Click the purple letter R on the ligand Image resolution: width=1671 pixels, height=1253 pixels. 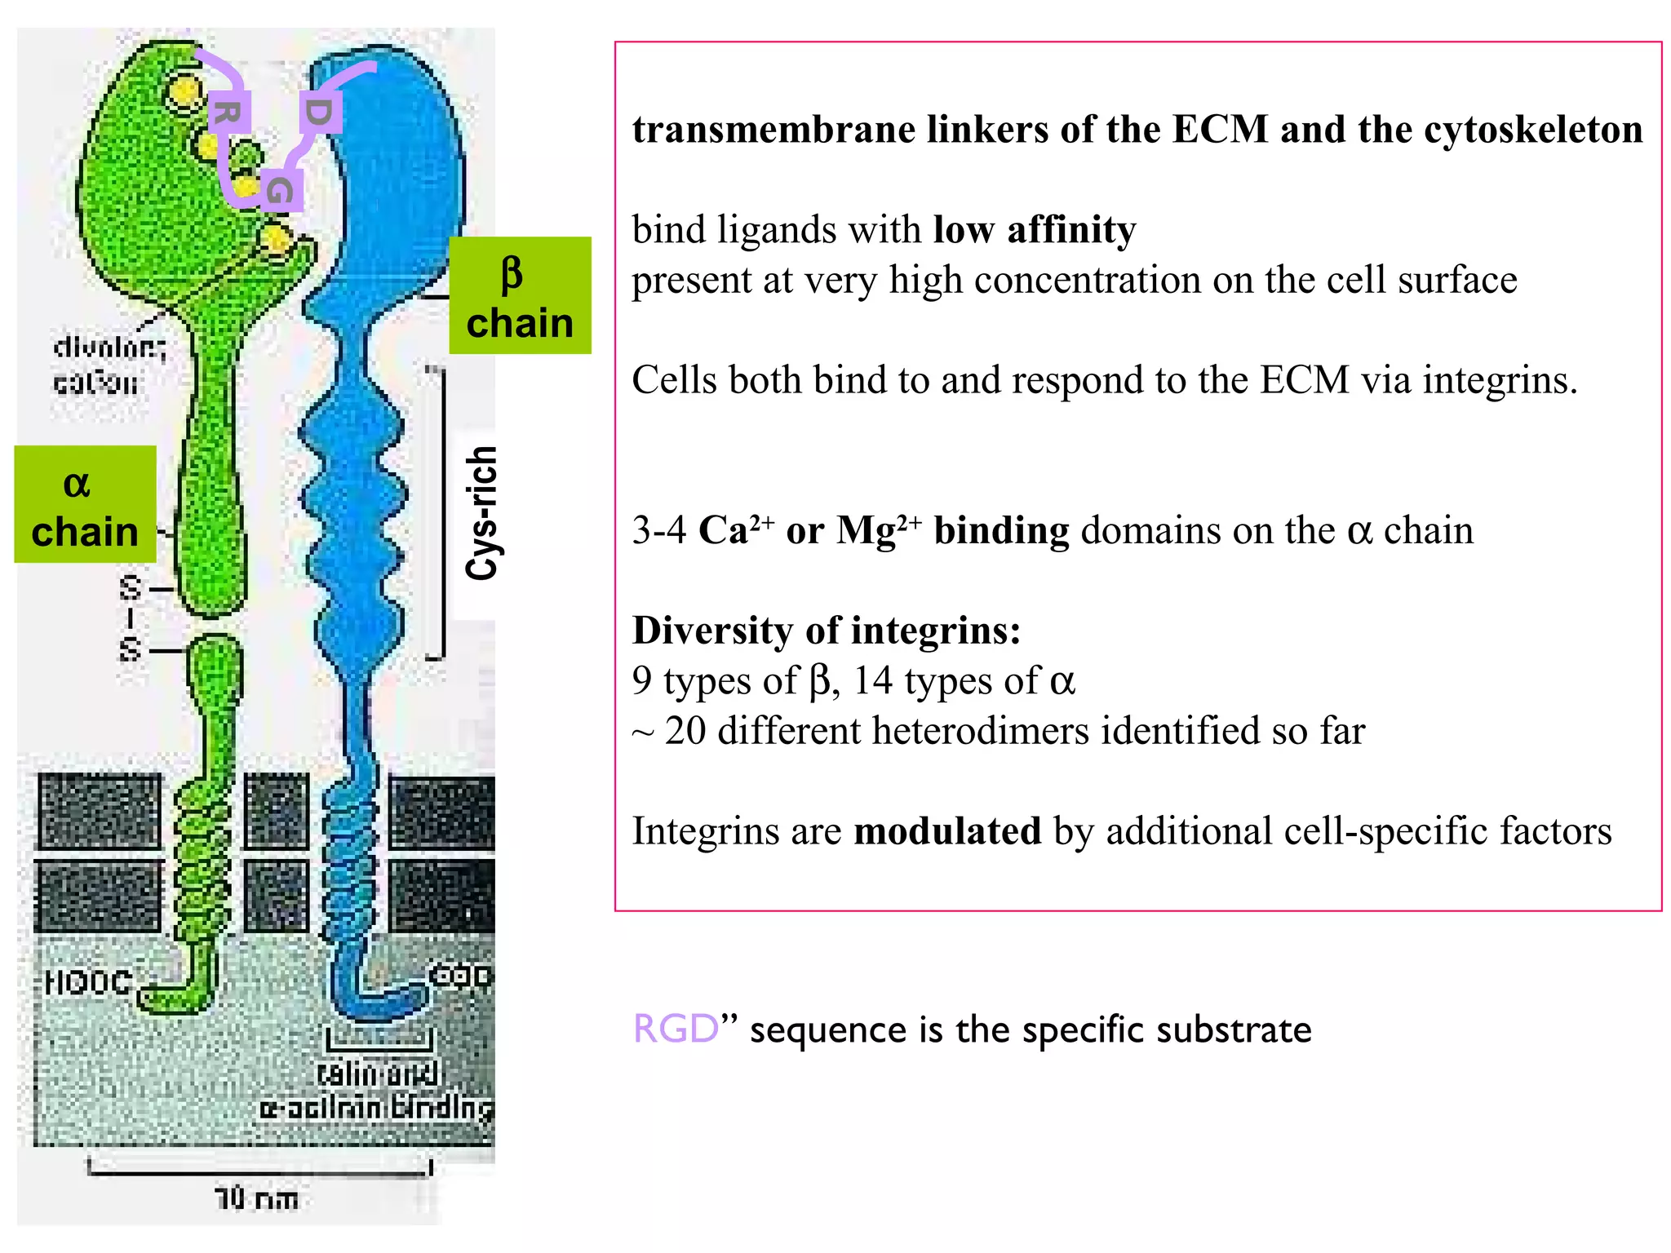227,113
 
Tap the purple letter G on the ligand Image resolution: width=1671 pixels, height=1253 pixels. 281,191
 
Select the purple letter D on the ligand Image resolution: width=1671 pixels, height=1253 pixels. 319,112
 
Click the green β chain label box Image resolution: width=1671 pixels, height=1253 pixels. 520,295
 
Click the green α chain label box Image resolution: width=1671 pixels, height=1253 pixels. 85,504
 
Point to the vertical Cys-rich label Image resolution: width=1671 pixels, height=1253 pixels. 481,513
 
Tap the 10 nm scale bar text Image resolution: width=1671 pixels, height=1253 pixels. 256,1198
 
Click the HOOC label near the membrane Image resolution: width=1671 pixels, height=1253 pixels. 88,981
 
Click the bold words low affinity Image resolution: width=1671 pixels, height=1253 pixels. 1035,229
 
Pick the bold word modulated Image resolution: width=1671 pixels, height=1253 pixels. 946,831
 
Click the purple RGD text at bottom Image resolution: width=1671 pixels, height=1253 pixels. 676,1029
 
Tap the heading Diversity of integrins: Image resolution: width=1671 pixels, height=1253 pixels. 826,631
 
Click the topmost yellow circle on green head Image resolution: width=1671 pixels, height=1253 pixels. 185,91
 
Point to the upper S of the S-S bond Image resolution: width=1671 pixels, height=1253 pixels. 131,587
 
